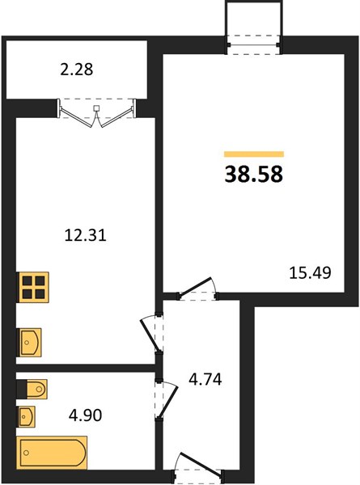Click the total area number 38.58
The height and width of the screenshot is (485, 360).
[253, 174]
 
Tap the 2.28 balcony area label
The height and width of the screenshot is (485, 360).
[77, 70]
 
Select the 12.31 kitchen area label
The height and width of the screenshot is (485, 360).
[86, 235]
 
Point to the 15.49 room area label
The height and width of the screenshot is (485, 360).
[310, 273]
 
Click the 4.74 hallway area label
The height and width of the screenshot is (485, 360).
[205, 379]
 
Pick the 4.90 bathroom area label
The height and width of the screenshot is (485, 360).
[85, 415]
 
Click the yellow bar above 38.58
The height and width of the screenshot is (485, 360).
[254, 154]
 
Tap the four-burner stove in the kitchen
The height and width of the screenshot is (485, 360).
[33, 287]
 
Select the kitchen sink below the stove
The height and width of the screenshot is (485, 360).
[29, 343]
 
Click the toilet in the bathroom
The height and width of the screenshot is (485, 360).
[32, 389]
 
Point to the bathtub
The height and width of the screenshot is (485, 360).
[52, 453]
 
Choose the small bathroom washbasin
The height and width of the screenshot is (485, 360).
[26, 416]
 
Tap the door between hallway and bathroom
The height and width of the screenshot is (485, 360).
[167, 400]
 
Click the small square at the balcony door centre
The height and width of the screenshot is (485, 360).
[96, 108]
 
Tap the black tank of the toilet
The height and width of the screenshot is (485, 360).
[22, 389]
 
